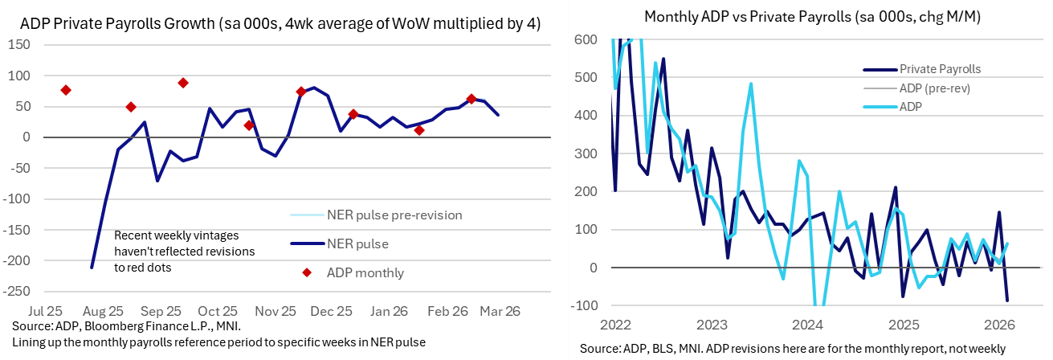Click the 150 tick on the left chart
coord(18,45)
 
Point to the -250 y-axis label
coord(16,291)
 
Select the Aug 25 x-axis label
coord(103,311)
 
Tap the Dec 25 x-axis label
coord(332,311)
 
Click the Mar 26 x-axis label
coord(500,311)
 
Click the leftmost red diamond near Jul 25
coord(66,90)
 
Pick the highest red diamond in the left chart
coord(183,83)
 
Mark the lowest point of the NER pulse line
coord(92,268)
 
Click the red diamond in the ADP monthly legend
coord(307,272)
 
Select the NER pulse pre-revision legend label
coord(395,215)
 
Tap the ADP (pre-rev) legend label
coord(935,88)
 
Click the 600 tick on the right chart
coord(586,39)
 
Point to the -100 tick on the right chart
coord(584,305)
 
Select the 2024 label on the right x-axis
coord(807,325)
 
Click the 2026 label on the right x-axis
coord(999,325)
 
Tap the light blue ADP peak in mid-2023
coord(751,84)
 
